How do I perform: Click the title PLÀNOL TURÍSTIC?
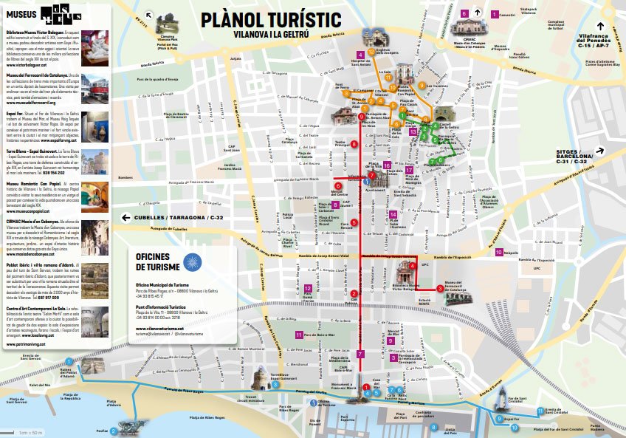pyautogui.click(x=272, y=19)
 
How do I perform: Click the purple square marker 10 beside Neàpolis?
pyautogui.click(x=500, y=252)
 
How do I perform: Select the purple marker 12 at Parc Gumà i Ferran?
pyautogui.click(x=307, y=287)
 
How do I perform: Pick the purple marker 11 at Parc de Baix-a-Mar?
pyautogui.click(x=297, y=335)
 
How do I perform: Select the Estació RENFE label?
pyautogui.click(x=424, y=301)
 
